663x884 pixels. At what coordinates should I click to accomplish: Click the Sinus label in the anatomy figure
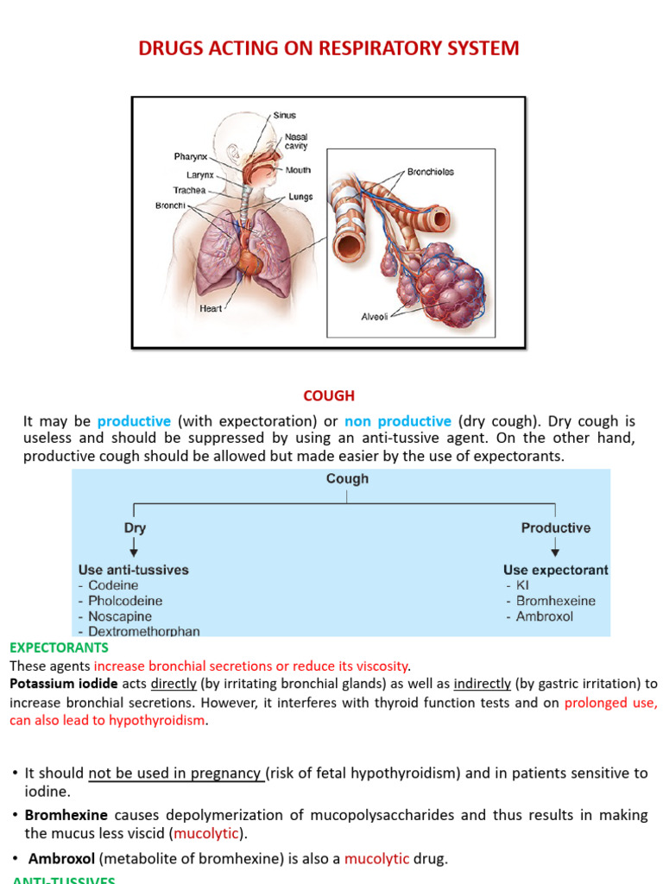click(284, 115)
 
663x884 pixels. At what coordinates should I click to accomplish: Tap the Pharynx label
click(190, 157)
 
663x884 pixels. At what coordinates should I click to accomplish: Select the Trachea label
click(189, 190)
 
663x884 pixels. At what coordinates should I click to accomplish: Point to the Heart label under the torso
click(211, 308)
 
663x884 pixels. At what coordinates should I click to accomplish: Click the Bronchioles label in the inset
click(430, 172)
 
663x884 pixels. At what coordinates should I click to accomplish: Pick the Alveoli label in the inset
click(375, 317)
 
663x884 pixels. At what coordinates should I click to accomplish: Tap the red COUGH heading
click(329, 396)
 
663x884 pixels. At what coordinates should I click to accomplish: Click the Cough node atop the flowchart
click(347, 479)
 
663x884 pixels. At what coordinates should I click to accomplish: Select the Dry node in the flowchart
click(135, 527)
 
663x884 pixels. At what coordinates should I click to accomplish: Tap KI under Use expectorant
click(522, 585)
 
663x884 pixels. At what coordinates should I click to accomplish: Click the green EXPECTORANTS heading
click(59, 647)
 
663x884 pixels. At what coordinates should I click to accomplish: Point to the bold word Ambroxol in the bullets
click(62, 859)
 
